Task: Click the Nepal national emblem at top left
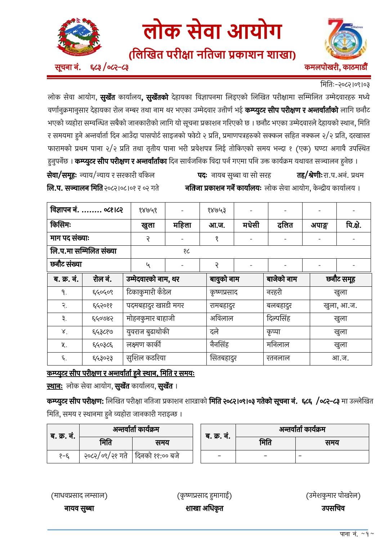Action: pos(79,36)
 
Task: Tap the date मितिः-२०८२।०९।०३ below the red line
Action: pos(345,85)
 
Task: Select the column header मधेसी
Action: pos(251,225)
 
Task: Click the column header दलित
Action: pos(285,225)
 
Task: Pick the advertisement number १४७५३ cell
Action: pos(216,210)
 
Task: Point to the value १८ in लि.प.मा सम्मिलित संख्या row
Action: pos(186,251)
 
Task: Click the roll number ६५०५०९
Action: pos(103,292)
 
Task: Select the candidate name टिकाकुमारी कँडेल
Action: pos(149,292)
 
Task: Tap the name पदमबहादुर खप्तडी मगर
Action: pos(155,305)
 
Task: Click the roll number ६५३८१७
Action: pos(103,332)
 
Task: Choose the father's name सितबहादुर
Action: pos(223,358)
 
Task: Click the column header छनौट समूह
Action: pos(340,279)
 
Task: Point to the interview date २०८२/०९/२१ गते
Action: pos(106,456)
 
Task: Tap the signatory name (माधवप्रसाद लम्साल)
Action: pos(79,495)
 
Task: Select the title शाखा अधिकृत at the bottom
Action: pos(204,508)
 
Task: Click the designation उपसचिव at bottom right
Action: pos(333,508)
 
